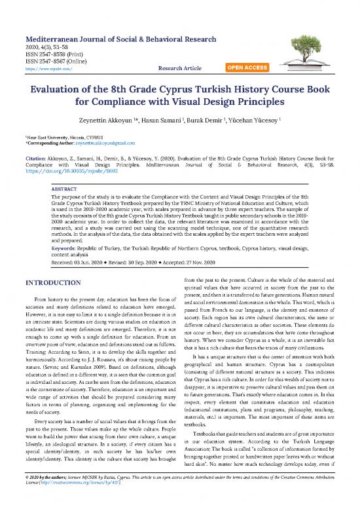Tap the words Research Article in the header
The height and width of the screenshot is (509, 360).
pyautogui.click(x=186, y=67)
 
